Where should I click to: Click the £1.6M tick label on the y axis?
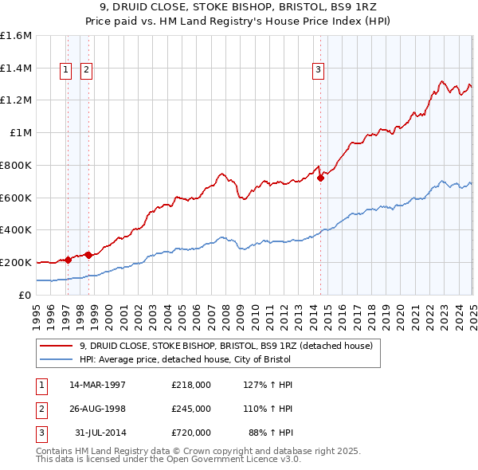click(16, 36)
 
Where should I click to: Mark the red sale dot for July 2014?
click(321, 178)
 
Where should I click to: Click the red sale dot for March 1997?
click(68, 259)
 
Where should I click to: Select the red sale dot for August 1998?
click(89, 255)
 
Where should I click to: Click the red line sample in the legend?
click(57, 347)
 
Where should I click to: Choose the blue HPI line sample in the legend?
click(57, 359)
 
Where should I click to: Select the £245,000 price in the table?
click(191, 409)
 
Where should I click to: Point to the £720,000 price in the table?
click(191, 433)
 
